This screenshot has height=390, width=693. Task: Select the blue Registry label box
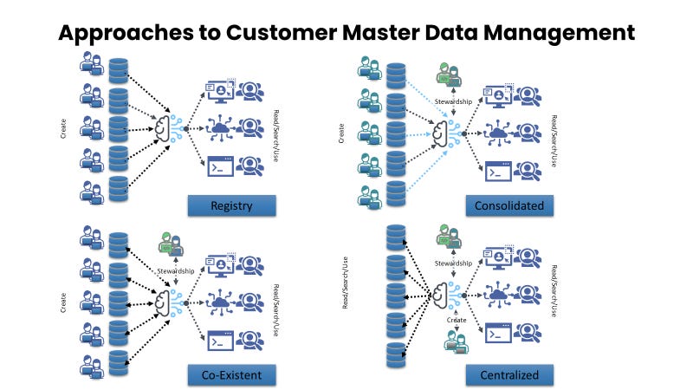point(231,205)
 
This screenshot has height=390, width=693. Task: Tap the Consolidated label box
point(509,205)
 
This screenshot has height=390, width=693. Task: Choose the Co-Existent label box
point(231,374)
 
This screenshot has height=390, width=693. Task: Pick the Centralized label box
point(509,374)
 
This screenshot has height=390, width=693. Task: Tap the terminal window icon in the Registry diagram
point(220,166)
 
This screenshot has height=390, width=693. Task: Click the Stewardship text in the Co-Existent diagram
point(176,271)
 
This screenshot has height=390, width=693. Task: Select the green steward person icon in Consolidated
point(448,75)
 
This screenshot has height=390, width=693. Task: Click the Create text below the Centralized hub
point(456,320)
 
